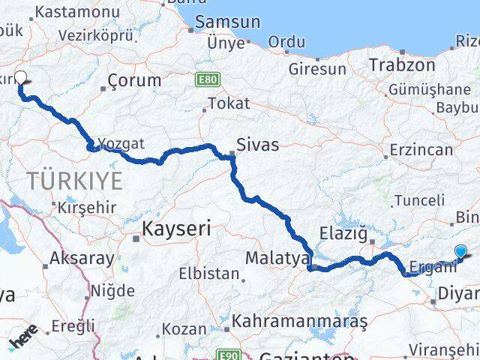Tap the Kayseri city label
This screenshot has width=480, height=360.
pos(177,227)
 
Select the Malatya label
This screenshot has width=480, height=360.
pos(277,259)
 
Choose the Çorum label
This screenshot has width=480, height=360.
pos(134,79)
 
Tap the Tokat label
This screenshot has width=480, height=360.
pos(228,103)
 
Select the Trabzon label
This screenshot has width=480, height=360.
pos(401,64)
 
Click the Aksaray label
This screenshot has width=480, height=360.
pos(82,259)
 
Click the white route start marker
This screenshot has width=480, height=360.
pos(20,76)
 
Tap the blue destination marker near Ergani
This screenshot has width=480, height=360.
pos(460,253)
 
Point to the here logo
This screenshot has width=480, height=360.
pos(23,340)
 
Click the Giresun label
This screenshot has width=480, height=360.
pos(318,69)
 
